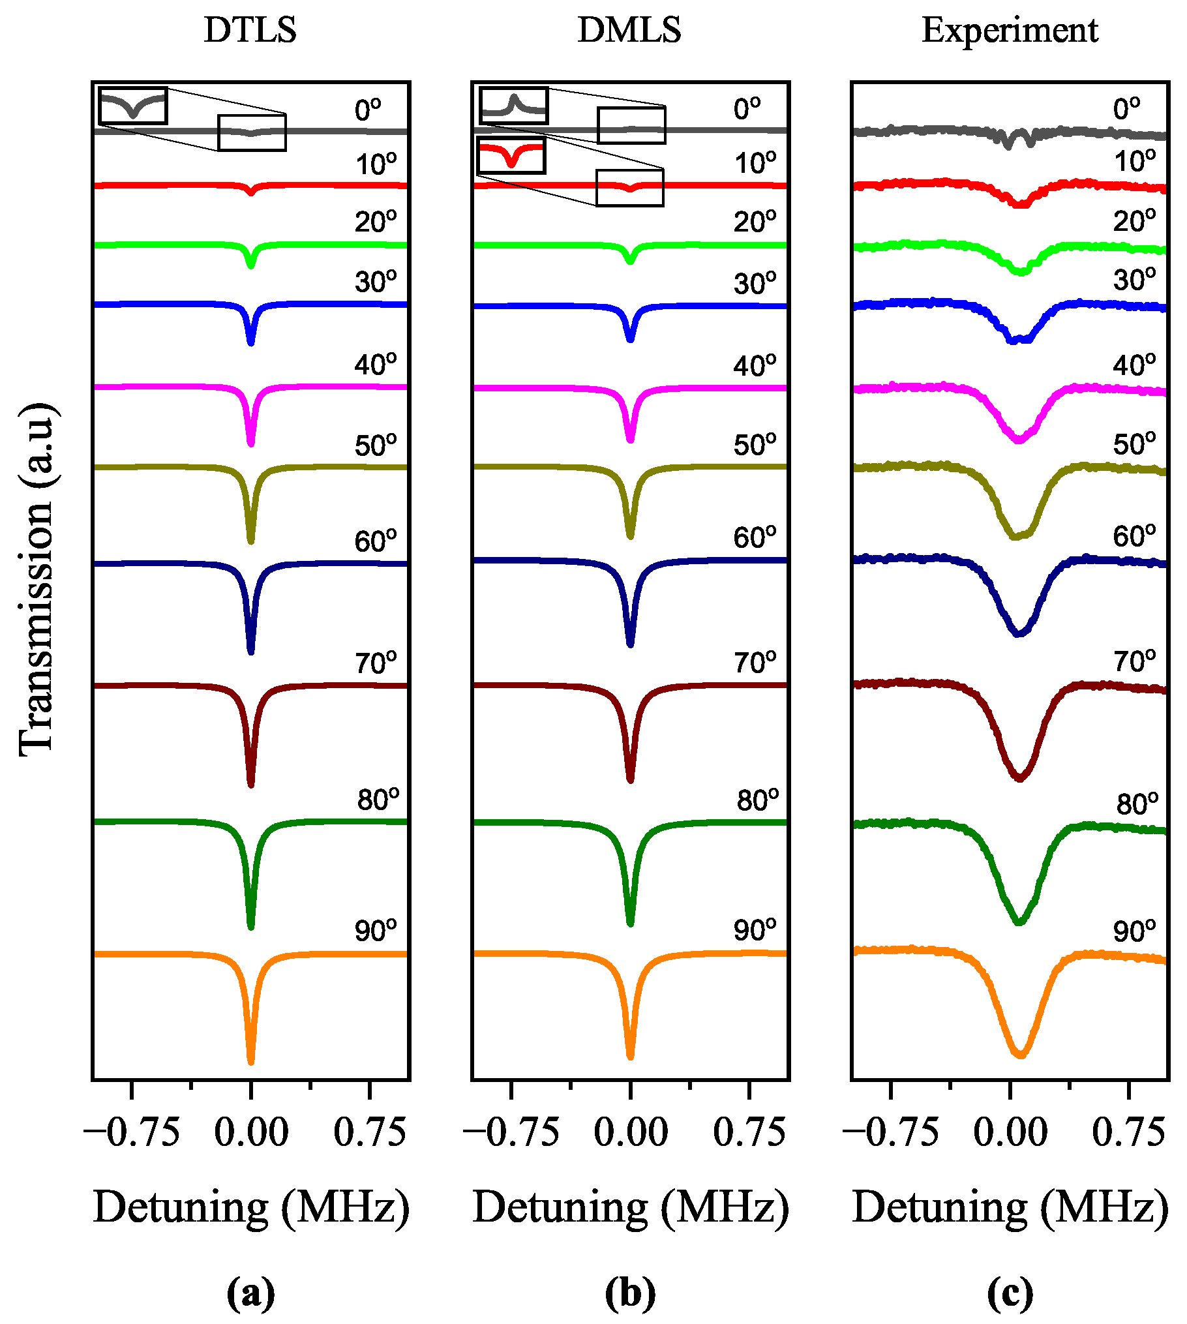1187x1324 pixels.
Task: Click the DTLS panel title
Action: tap(250, 30)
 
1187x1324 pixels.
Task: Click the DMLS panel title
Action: tap(629, 30)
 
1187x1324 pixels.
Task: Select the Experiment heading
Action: tap(1010, 30)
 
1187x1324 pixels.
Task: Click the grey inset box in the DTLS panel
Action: tap(133, 106)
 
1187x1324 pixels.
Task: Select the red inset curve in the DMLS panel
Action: tap(511, 155)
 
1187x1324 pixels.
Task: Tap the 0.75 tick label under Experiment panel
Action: tap(1128, 1133)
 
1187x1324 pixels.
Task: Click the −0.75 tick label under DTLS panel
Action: tap(132, 1133)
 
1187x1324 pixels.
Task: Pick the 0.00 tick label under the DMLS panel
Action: tap(630, 1133)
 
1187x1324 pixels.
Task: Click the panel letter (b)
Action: tap(630, 1292)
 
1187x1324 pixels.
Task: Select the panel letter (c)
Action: tap(1010, 1292)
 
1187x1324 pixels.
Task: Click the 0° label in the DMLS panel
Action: tap(747, 109)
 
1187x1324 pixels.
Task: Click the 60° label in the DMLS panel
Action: tap(755, 537)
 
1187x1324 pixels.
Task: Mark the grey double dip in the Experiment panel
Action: tap(1019, 139)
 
